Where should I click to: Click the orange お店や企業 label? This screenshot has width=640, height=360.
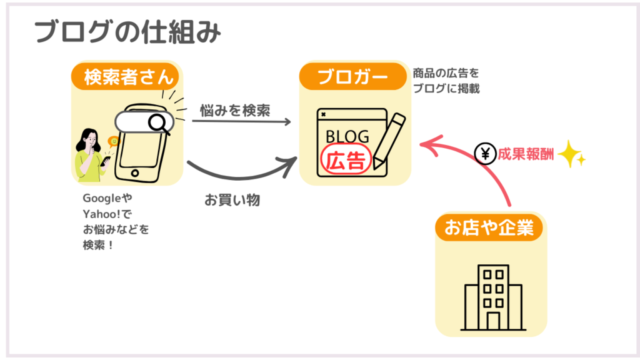pyautogui.click(x=489, y=228)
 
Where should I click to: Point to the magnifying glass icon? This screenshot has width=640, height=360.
pyautogui.click(x=159, y=122)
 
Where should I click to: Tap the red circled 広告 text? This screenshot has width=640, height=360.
pyautogui.click(x=346, y=159)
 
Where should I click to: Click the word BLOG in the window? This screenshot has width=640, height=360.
pyautogui.click(x=347, y=136)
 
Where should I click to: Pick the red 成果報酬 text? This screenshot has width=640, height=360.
pyautogui.click(x=522, y=153)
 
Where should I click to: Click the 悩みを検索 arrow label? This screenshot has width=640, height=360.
pyautogui.click(x=235, y=110)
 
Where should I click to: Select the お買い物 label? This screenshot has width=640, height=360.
pyautogui.click(x=232, y=201)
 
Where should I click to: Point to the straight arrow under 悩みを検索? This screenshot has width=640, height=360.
pyautogui.click(x=241, y=121)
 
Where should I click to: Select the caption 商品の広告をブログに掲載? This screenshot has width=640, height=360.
pyautogui.click(x=446, y=81)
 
